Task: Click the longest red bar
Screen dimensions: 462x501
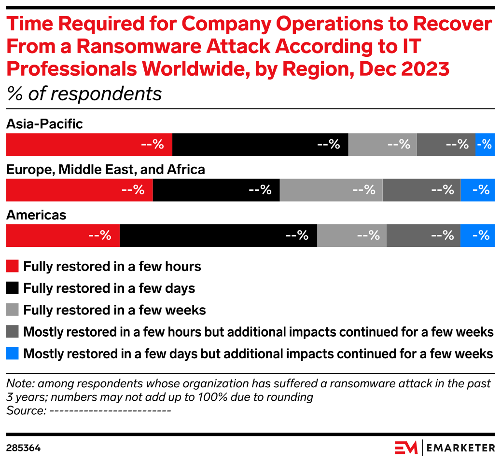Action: click(x=89, y=145)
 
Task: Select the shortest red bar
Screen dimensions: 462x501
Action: click(x=63, y=235)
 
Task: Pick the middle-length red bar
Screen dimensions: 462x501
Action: click(x=79, y=190)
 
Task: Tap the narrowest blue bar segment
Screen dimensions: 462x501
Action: click(x=485, y=145)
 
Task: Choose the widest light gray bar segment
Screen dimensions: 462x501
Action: click(x=331, y=190)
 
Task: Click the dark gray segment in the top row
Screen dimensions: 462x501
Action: click(x=446, y=145)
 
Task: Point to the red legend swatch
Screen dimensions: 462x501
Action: click(x=12, y=266)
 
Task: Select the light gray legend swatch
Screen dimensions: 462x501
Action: click(x=12, y=309)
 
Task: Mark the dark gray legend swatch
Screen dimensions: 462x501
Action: click(x=12, y=331)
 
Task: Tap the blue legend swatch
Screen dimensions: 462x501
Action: click(x=12, y=353)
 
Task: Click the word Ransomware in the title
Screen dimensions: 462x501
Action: click(x=133, y=47)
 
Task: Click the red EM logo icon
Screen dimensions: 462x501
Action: click(x=406, y=448)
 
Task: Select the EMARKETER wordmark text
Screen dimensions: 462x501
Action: click(x=461, y=448)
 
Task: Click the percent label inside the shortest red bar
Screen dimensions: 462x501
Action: click(x=100, y=235)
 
